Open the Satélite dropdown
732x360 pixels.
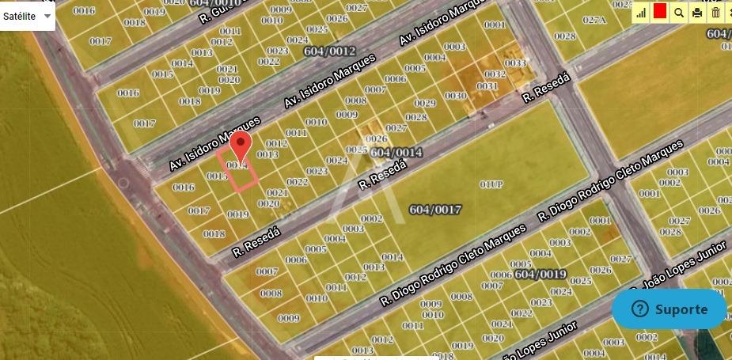click(27, 16)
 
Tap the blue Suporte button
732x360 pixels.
click(669, 309)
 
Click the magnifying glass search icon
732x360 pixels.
click(678, 12)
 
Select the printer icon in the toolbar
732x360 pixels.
click(697, 12)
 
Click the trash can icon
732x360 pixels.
click(716, 12)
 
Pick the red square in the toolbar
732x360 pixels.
click(659, 12)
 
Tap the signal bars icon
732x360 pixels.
click(640, 12)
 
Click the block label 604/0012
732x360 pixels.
click(329, 51)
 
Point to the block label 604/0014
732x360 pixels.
click(396, 152)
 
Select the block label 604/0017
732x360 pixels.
click(434, 209)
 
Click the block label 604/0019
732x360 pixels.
click(540, 275)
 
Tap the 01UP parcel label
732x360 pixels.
click(491, 184)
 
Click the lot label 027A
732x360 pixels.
click(594, 20)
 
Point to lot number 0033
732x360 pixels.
click(515, 63)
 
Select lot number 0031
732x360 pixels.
click(487, 85)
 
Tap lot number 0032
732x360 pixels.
click(495, 74)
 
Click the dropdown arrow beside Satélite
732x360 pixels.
click(47, 16)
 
